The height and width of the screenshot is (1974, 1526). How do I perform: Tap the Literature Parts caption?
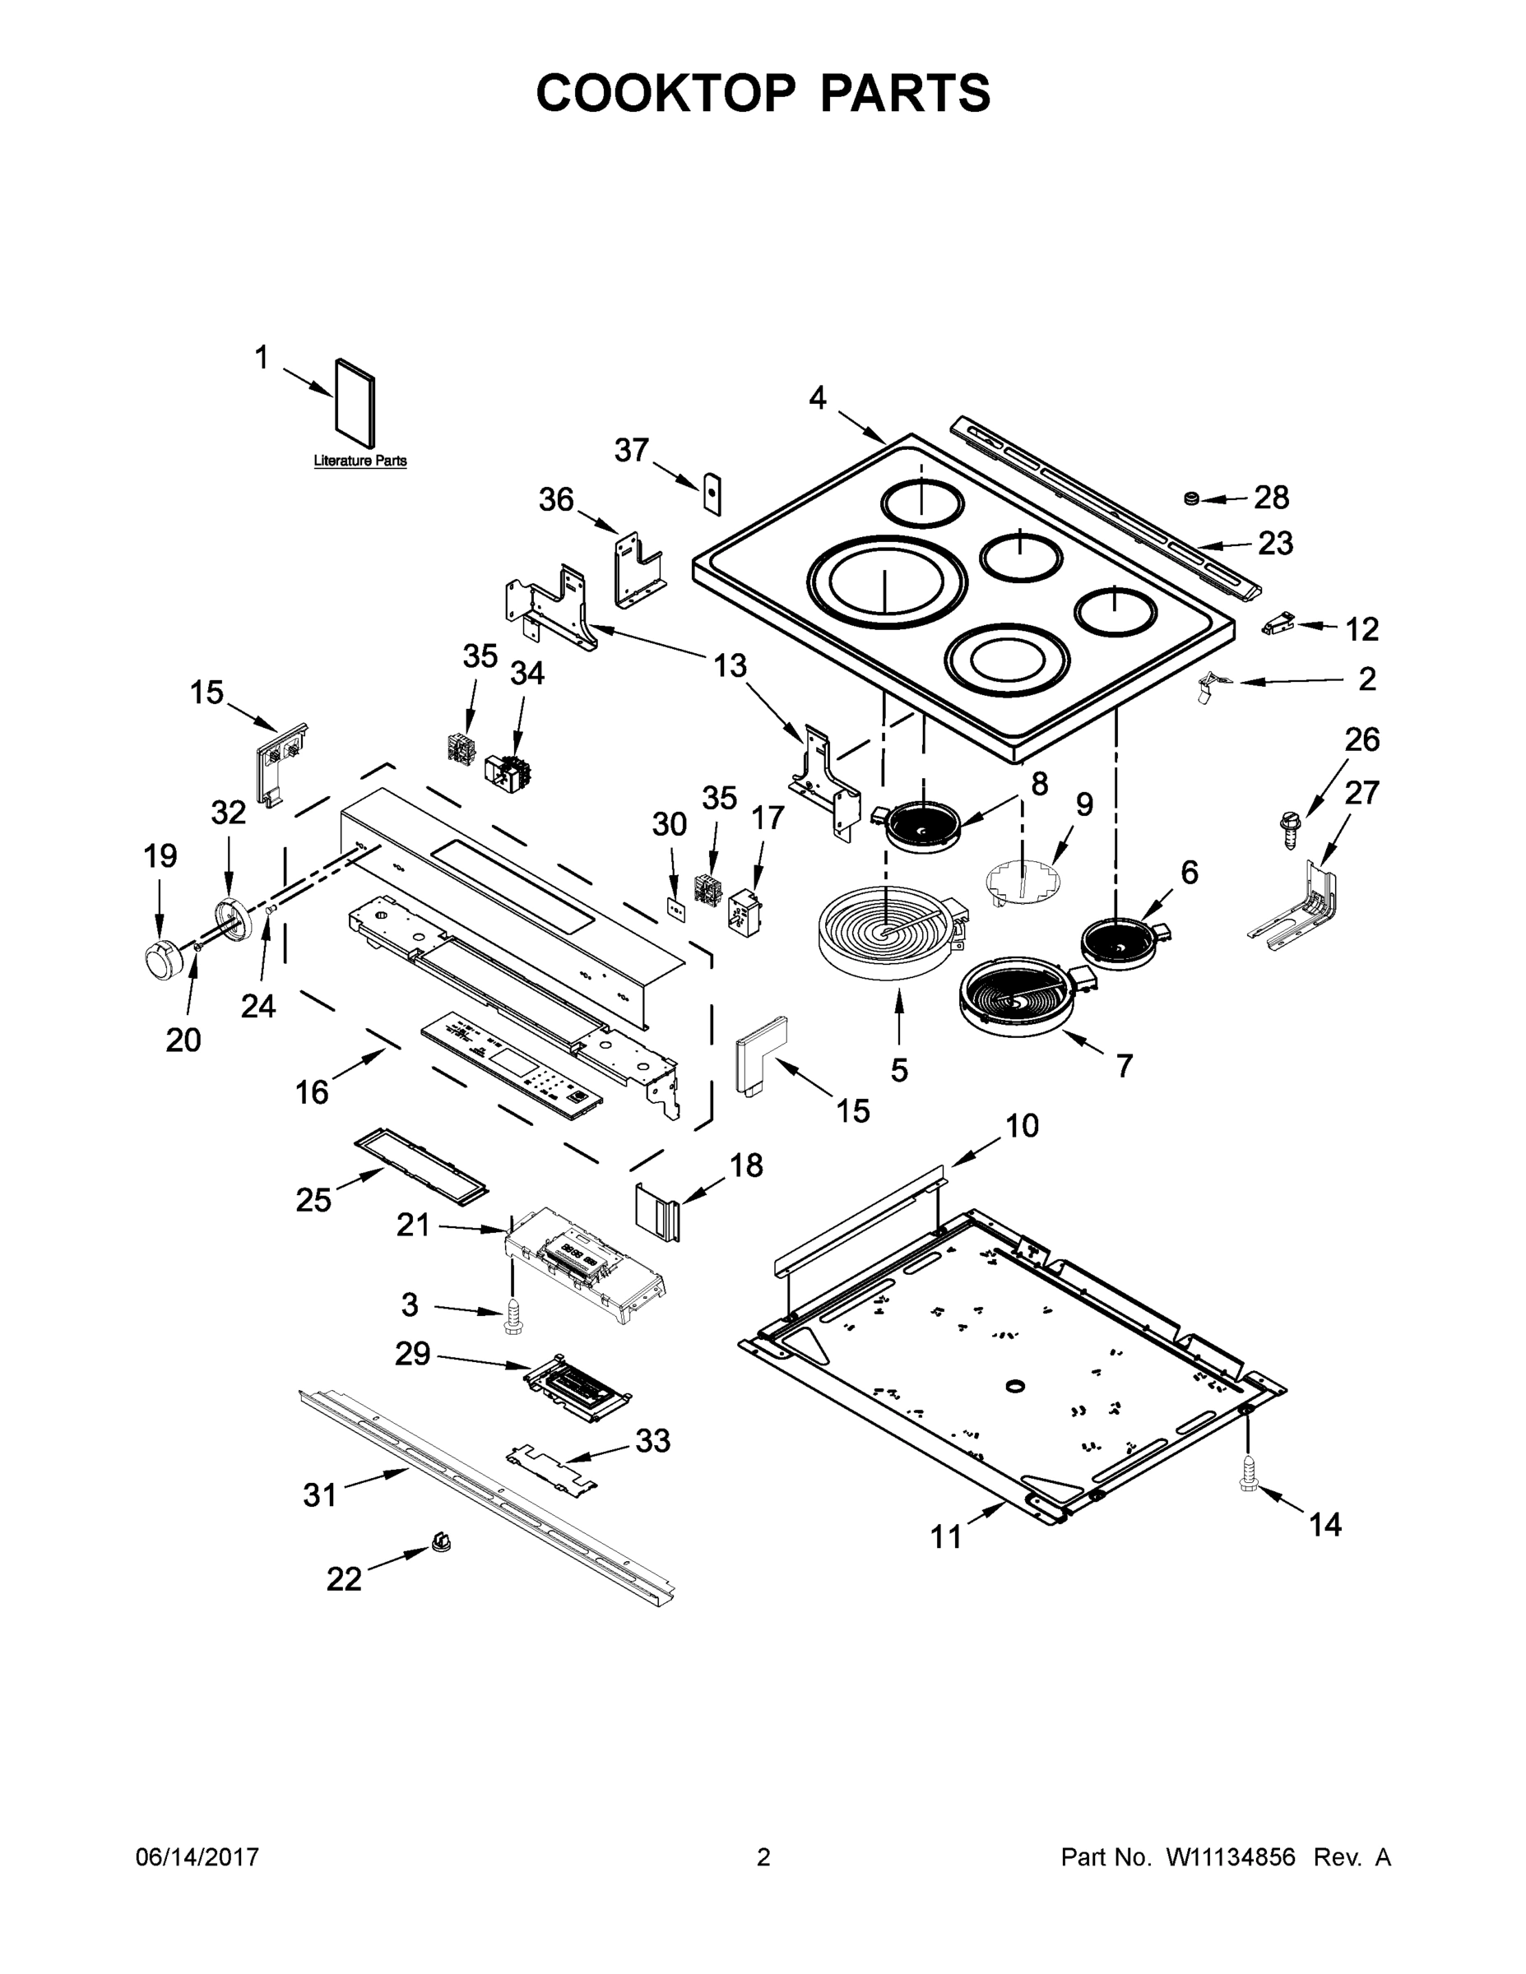pyautogui.click(x=359, y=461)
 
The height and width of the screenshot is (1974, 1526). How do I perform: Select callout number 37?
pyautogui.click(x=632, y=449)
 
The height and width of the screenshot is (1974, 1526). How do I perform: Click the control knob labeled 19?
pyautogui.click(x=163, y=957)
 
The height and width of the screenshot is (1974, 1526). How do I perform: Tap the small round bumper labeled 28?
pyautogui.click(x=1191, y=498)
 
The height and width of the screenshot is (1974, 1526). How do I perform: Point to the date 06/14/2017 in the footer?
pyautogui.click(x=197, y=1857)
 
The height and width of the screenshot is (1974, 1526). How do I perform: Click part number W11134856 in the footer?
pyautogui.click(x=1231, y=1857)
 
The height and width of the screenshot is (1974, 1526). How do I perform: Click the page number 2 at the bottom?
pyautogui.click(x=763, y=1857)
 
